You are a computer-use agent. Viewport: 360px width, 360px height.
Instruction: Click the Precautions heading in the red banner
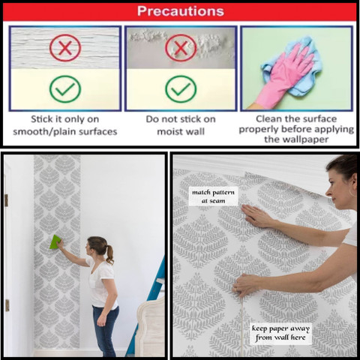point(181,11)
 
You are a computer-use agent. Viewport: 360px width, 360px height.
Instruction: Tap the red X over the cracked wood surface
point(65,48)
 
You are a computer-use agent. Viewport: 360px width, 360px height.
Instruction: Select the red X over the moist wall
point(181,48)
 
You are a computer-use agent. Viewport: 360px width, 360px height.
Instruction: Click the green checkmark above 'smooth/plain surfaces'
point(65,89)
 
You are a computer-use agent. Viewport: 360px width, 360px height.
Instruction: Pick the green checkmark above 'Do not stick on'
point(181,89)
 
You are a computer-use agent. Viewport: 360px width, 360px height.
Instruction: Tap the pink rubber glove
point(285,75)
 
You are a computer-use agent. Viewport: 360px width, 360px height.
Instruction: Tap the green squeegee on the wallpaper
point(55,241)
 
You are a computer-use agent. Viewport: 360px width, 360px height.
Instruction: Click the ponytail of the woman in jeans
point(109,254)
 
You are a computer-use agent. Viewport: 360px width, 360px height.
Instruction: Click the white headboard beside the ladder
point(150,328)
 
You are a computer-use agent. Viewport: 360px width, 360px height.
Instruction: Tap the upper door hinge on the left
point(6,200)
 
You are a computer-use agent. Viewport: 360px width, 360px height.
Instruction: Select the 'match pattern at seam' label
point(213,196)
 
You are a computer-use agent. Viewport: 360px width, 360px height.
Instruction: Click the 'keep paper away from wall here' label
point(280,333)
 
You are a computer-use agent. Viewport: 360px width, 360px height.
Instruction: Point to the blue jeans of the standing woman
point(105,330)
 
